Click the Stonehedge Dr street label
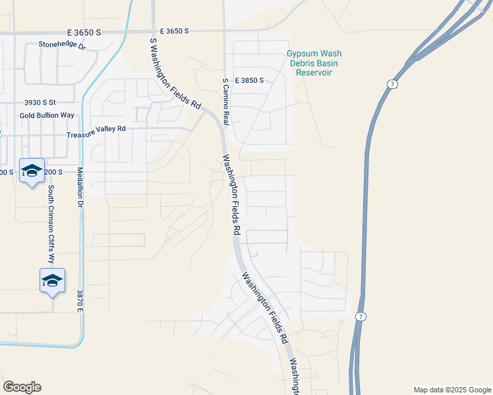coord(63,45)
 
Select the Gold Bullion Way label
coord(47,115)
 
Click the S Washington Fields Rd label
coord(175,72)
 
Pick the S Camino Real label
coord(225,102)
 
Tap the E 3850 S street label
coord(248,80)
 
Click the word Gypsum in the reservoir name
coord(301,54)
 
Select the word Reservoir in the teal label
coord(313,72)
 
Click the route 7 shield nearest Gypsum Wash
coord(391,85)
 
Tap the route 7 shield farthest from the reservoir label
coord(360,317)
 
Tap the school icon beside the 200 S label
coord(32,171)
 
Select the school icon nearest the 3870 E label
coord(53,281)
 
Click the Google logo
coord(22,387)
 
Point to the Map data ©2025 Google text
coord(451,390)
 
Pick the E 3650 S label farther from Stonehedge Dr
coord(174,31)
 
